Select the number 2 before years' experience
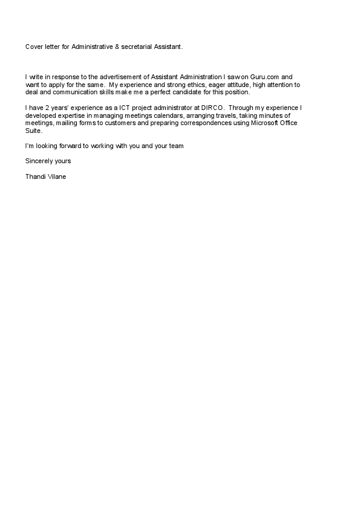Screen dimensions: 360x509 47,108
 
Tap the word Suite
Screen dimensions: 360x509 33,130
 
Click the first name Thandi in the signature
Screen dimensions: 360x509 36,177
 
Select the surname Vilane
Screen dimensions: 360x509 61,177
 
